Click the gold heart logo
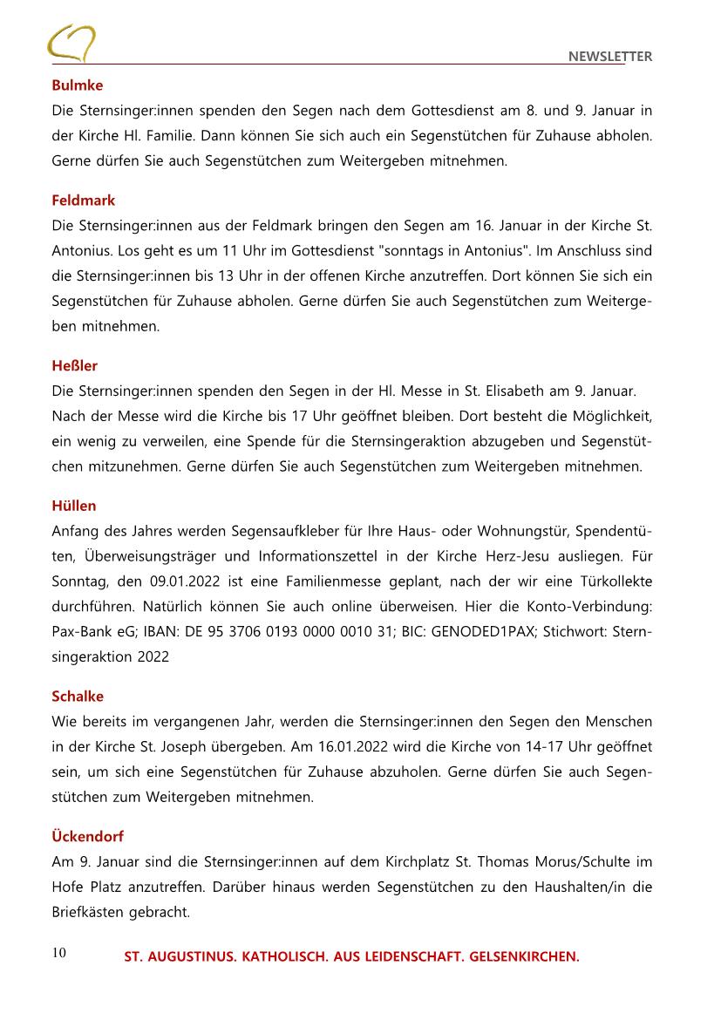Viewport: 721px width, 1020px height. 71,44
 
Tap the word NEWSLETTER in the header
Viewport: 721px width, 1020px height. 609,57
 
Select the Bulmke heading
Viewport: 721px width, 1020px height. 77,85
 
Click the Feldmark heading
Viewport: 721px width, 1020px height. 83,201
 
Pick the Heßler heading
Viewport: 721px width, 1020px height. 74,366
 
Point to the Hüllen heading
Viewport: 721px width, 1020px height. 74,506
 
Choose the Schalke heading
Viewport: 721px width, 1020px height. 78,697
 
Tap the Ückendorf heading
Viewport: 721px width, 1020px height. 87,836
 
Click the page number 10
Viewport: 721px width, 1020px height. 59,953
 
